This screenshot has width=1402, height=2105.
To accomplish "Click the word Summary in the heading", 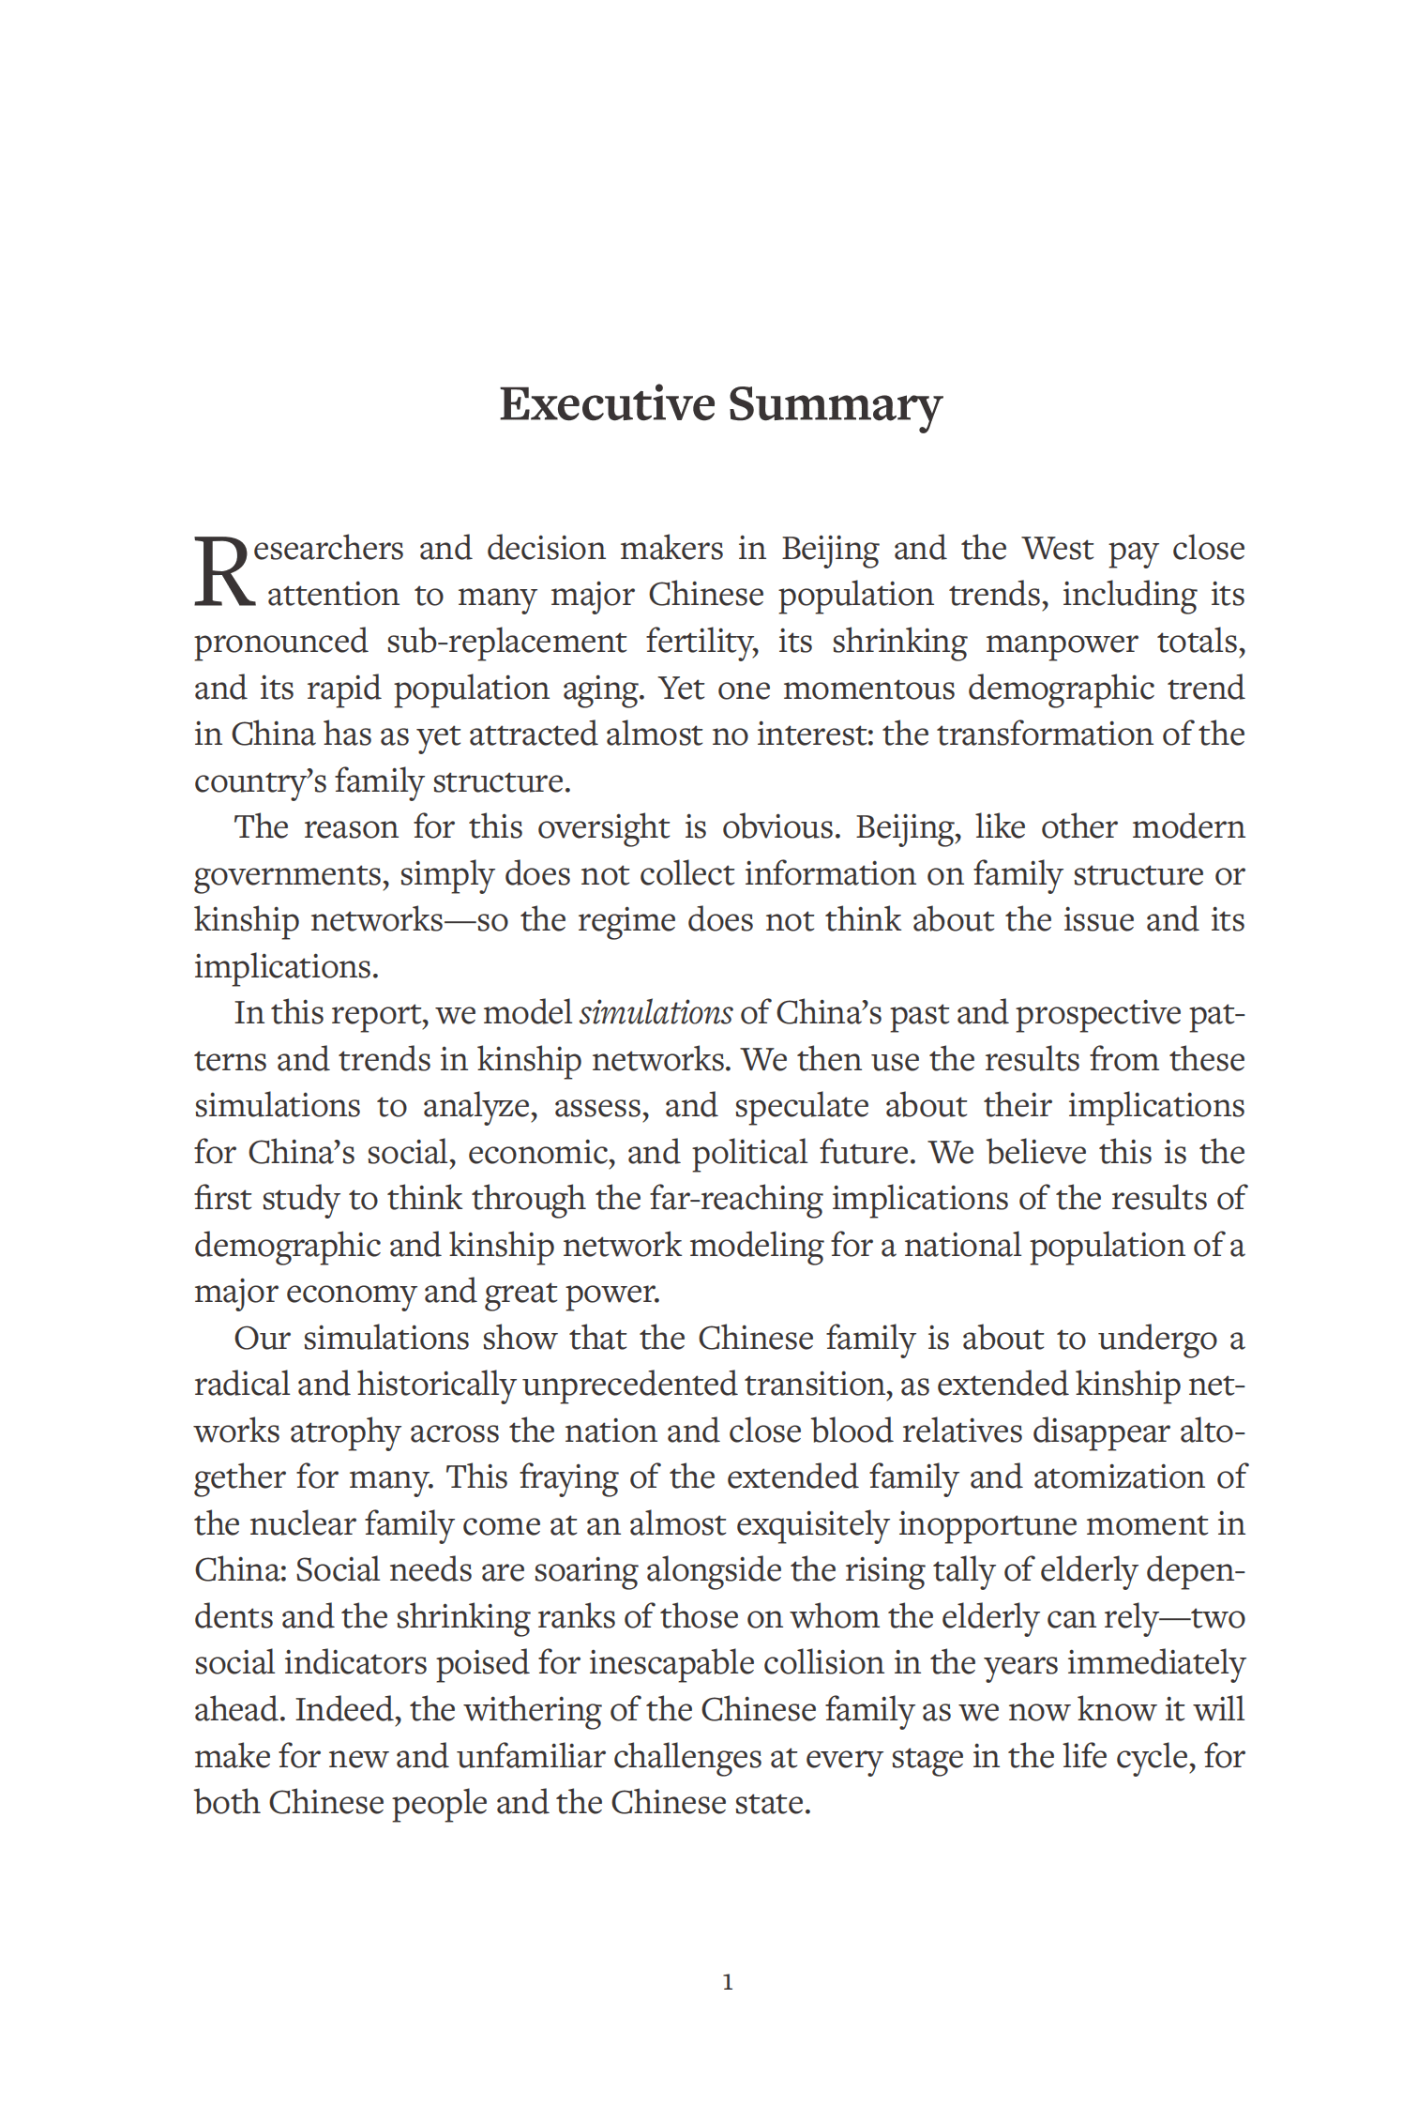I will pos(834,404).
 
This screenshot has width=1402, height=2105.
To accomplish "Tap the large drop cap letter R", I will pos(223,570).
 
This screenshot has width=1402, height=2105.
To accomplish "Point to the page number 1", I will pos(728,1981).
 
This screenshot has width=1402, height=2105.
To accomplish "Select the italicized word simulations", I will pos(656,1013).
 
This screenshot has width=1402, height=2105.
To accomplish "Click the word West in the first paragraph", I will pos(1058,548).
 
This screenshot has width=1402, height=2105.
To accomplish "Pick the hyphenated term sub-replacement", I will pos(506,642).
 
